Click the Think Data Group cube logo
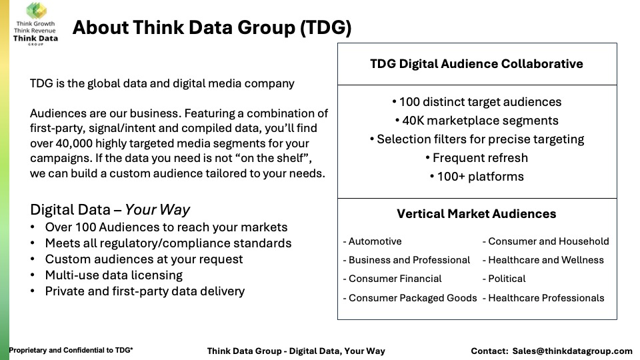(x=36, y=10)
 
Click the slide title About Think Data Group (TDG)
(x=212, y=28)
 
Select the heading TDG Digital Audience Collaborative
(x=476, y=64)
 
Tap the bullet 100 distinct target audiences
(x=477, y=101)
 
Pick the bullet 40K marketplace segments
(x=477, y=121)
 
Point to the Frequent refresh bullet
(x=477, y=158)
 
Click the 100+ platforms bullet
(x=477, y=177)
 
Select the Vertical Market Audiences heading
(x=476, y=214)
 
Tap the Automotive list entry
(x=372, y=241)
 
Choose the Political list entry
(x=504, y=279)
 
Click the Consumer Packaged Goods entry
(x=410, y=298)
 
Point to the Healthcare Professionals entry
(x=543, y=298)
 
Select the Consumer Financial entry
(x=392, y=279)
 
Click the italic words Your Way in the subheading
(x=157, y=210)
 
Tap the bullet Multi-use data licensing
(x=114, y=275)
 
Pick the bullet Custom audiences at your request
(x=144, y=259)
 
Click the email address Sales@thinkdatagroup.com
(x=572, y=351)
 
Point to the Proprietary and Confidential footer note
(x=71, y=350)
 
